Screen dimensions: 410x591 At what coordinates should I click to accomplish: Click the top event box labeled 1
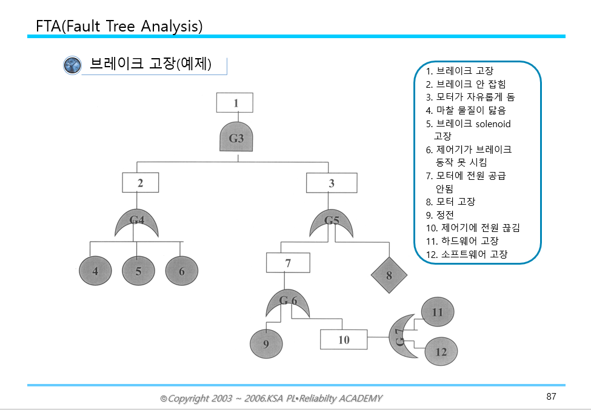click(235, 103)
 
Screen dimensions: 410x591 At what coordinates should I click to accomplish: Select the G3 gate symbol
click(236, 139)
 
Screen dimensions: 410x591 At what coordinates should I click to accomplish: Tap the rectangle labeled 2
click(140, 183)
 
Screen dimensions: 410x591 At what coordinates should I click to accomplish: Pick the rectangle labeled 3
click(331, 183)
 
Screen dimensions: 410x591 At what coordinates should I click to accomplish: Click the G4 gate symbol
click(137, 223)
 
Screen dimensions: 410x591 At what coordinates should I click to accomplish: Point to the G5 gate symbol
click(332, 223)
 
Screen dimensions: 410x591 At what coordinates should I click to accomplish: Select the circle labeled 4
click(95, 271)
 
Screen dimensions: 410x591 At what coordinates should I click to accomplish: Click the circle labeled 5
click(139, 271)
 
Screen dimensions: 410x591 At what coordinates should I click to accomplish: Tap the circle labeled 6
click(182, 271)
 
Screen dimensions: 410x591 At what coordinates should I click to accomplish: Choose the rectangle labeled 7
click(288, 263)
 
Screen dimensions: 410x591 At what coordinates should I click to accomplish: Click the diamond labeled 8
click(389, 275)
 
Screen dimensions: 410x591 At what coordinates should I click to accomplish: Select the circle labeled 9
click(266, 344)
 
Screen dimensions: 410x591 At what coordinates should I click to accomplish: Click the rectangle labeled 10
click(344, 340)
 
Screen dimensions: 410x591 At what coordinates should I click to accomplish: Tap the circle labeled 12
click(441, 352)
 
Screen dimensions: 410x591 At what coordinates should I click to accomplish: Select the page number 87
click(551, 397)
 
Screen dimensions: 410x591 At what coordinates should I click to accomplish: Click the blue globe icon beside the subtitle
click(72, 65)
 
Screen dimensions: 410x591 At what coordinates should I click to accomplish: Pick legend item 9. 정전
click(440, 215)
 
